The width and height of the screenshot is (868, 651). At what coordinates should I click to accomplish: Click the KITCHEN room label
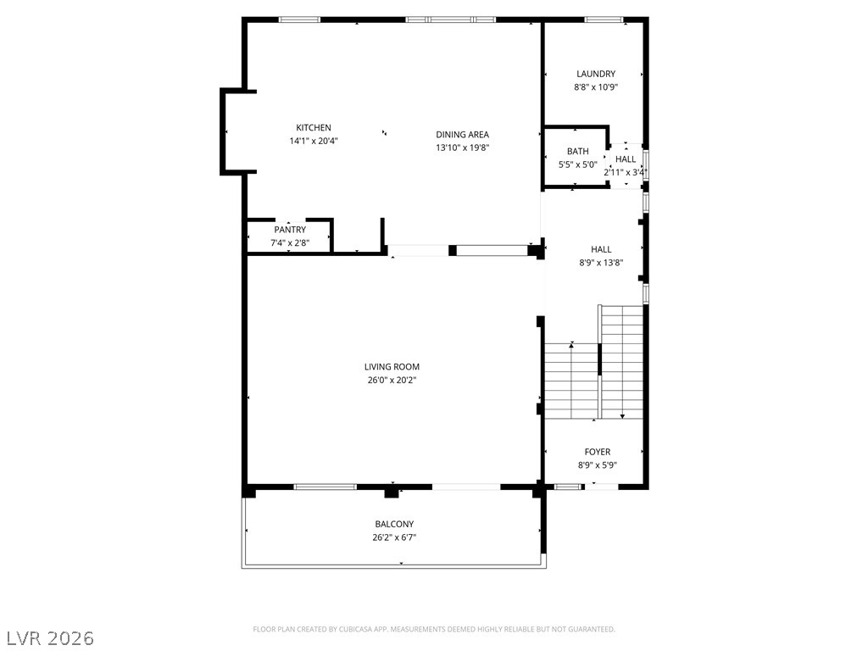pos(314,128)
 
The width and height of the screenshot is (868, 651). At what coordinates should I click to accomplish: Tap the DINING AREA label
pos(462,134)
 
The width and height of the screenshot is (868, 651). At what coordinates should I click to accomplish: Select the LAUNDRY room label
pos(596,74)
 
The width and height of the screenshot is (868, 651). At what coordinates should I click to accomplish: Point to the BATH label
pos(577,152)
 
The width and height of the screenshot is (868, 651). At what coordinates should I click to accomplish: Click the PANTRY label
pos(290,230)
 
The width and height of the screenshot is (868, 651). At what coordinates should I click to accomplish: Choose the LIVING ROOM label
pos(392,367)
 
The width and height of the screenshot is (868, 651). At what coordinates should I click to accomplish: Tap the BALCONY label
pos(394,524)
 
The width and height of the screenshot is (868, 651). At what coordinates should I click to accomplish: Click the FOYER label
pos(597,452)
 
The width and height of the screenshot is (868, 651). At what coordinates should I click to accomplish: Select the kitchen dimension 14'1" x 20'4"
pos(314,141)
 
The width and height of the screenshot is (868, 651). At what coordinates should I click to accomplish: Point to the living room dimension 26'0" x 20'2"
pos(392,380)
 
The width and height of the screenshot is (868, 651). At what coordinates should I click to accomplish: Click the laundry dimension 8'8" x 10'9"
pos(596,86)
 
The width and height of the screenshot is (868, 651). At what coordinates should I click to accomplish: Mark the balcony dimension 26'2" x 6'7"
pos(394,537)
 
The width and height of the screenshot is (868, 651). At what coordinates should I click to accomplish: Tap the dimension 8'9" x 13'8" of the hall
pos(601,262)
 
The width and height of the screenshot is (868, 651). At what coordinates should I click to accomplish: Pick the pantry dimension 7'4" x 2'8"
pos(290,242)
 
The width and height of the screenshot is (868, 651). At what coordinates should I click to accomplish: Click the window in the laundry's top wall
pos(604,19)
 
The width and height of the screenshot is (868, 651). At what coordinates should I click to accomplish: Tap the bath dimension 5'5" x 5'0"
pos(577,164)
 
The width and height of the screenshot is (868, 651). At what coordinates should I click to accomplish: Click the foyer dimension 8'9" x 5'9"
pos(597,465)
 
